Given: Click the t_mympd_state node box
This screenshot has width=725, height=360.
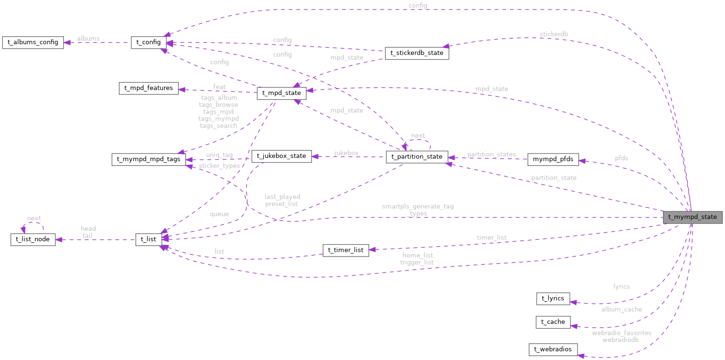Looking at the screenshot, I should click(693, 217).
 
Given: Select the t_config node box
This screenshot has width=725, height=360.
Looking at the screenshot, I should click(148, 42).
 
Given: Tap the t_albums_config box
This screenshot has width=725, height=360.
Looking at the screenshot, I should click(33, 42).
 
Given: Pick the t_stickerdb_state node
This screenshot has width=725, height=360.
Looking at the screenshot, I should click(417, 53).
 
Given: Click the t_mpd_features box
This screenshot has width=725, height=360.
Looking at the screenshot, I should click(148, 88).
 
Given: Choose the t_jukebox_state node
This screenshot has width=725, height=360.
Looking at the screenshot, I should click(281, 156).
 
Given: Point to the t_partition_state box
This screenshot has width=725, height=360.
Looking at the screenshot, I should click(417, 156).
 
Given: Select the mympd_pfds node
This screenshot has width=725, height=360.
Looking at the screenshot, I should click(553, 160).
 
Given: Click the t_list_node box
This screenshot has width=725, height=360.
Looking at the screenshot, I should click(33, 239).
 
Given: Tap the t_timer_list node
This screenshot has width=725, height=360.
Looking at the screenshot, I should click(346, 250).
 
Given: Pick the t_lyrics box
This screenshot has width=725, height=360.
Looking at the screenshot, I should click(553, 299).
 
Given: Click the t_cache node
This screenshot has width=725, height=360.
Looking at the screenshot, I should click(553, 322).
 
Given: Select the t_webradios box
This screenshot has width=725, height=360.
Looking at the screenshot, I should click(553, 350).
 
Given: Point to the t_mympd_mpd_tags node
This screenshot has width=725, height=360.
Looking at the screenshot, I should click(148, 159).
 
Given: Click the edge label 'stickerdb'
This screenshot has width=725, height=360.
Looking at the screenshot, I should click(554, 34).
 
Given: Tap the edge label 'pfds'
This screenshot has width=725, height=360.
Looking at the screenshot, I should click(621, 158).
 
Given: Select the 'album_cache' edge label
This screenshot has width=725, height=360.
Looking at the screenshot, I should click(621, 309).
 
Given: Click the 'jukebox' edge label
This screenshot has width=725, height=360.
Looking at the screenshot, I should click(346, 153).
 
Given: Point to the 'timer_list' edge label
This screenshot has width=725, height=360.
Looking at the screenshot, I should click(491, 237).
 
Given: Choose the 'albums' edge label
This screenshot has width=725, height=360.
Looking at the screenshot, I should click(88, 39).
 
